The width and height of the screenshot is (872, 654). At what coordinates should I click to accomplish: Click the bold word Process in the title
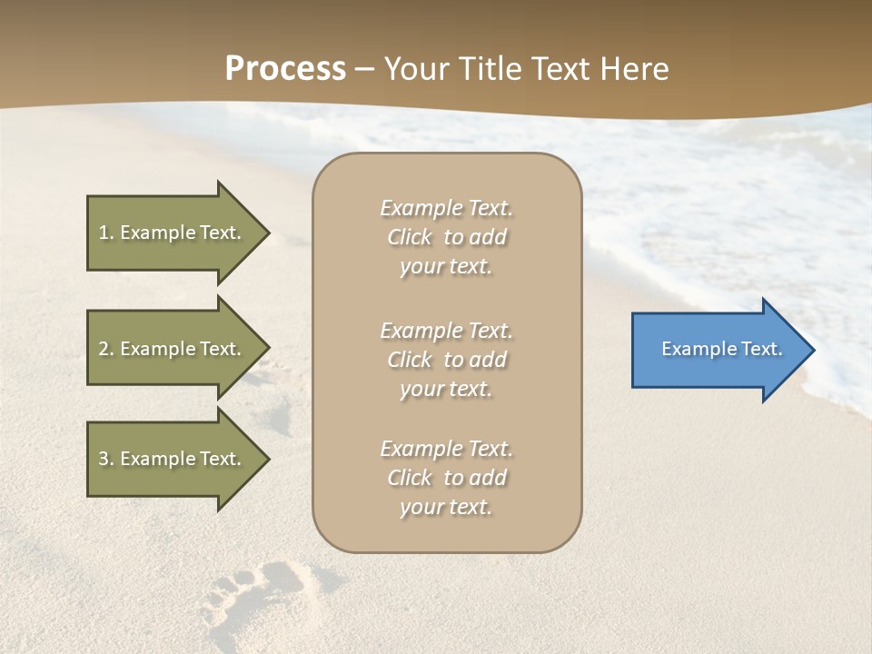[x=285, y=69]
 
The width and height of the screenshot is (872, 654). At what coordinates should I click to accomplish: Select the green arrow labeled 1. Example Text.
[x=173, y=233]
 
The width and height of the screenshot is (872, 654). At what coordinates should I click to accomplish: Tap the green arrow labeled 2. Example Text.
[x=173, y=349]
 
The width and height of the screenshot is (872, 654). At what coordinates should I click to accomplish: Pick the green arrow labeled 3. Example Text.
[x=173, y=459]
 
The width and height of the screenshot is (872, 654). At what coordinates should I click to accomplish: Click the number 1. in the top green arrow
[x=106, y=233]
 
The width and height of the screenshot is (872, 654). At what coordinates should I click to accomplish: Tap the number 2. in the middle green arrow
[x=106, y=349]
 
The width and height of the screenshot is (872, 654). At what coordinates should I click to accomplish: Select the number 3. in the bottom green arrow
[x=106, y=459]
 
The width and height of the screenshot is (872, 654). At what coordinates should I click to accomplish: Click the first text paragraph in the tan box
[x=446, y=237]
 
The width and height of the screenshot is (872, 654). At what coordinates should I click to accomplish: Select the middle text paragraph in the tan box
[x=446, y=360]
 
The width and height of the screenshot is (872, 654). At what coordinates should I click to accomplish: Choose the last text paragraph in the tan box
[x=446, y=478]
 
